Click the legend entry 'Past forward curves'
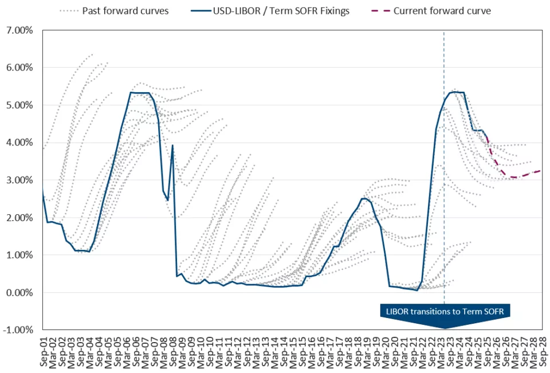[125, 11]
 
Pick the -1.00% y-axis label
[20, 330]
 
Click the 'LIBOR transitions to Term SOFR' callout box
[444, 311]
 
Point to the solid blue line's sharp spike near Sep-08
[172, 146]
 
